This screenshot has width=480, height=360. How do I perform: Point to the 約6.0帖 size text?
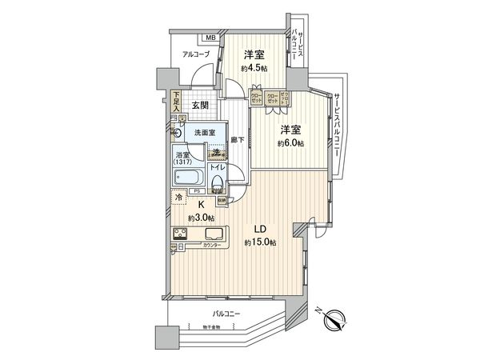pyautogui.click(x=291, y=143)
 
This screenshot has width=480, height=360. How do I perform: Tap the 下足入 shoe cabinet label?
pyautogui.click(x=177, y=102)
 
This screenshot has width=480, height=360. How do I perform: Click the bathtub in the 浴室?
pyautogui.click(x=189, y=177)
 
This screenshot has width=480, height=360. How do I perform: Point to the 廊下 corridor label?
pyautogui.click(x=237, y=140)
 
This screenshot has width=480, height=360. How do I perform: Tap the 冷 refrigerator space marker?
pyautogui.click(x=176, y=197)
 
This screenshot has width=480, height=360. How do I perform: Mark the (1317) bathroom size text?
pyautogui.click(x=183, y=162)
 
